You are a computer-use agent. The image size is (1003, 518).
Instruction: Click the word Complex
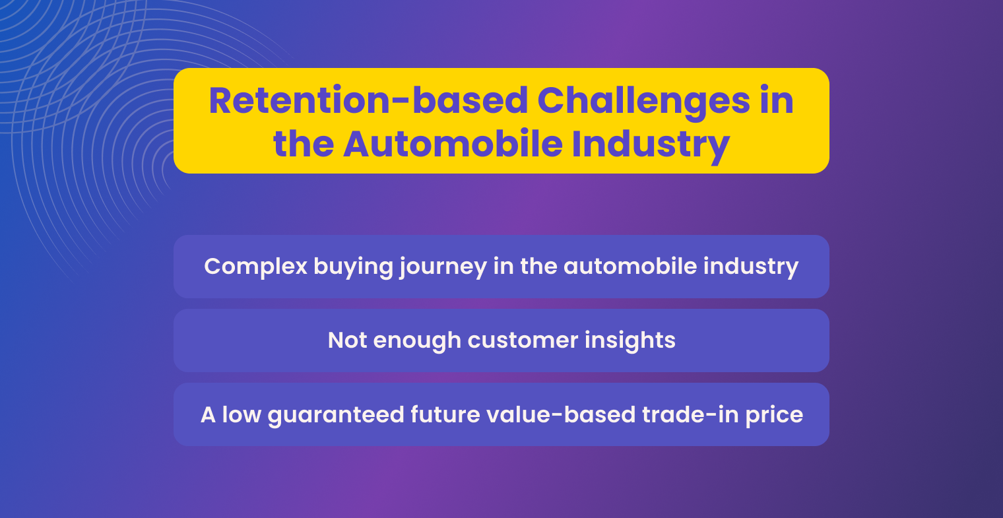[x=255, y=267]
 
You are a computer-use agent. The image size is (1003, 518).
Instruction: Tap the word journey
[x=443, y=267]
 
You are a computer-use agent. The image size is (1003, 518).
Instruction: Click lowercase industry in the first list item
[x=751, y=267]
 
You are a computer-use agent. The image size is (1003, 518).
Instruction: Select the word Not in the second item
[x=348, y=340]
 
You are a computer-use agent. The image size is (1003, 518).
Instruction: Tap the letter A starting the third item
[x=208, y=415]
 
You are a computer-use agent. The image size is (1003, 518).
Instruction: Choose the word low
[x=242, y=415]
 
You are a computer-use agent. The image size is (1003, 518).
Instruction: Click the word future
[x=445, y=415]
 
